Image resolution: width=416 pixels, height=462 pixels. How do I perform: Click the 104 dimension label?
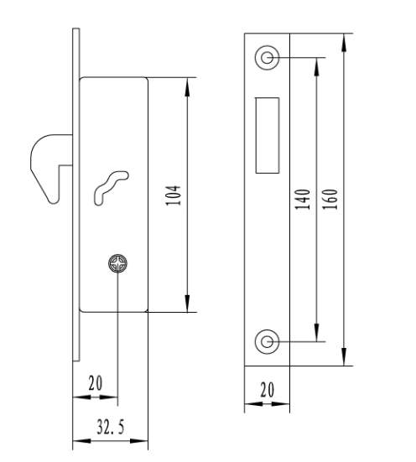click(x=174, y=195)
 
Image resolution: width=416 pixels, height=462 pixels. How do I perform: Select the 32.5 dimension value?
click(x=111, y=428)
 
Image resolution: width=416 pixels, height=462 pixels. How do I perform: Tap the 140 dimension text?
click(x=303, y=200)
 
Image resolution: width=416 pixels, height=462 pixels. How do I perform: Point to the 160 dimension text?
click(x=330, y=200)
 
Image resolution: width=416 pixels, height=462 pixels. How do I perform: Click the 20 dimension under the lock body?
click(x=96, y=383)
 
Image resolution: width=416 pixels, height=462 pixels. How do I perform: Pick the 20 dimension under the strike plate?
click(x=268, y=390)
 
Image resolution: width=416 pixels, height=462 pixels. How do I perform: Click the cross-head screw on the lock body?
click(x=118, y=263)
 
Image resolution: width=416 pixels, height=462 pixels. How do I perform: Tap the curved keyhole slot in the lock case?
click(x=111, y=187)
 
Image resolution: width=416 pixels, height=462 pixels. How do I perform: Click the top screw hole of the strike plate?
click(x=267, y=58)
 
